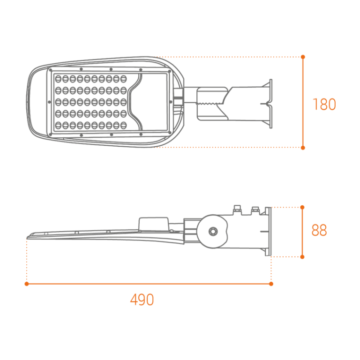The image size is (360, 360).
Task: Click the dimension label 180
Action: (324, 104)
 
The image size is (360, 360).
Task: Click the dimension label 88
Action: (319, 230)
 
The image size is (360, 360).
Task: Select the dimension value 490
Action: (142, 300)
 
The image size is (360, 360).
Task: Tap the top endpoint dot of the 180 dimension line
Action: (303, 57)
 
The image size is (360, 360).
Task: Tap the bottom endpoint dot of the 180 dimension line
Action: (303, 148)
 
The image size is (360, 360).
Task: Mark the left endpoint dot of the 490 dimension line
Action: (27, 284)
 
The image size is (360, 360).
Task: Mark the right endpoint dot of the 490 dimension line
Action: (271, 284)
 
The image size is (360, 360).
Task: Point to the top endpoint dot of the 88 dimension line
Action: (302, 207)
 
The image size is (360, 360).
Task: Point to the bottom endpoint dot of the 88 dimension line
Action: (302, 257)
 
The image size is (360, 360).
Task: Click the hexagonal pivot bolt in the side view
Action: (213, 232)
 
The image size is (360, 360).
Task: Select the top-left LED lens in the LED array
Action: (58, 79)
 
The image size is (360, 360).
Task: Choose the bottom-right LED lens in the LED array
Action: (124, 125)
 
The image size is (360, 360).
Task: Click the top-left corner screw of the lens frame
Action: (51, 70)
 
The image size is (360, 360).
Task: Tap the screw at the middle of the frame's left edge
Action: (49, 102)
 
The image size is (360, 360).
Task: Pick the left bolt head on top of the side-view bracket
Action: (237, 210)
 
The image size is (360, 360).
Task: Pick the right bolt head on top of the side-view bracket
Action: (255, 210)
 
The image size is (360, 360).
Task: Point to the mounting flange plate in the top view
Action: (271, 104)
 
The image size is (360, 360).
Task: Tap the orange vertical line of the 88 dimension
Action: (302, 232)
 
